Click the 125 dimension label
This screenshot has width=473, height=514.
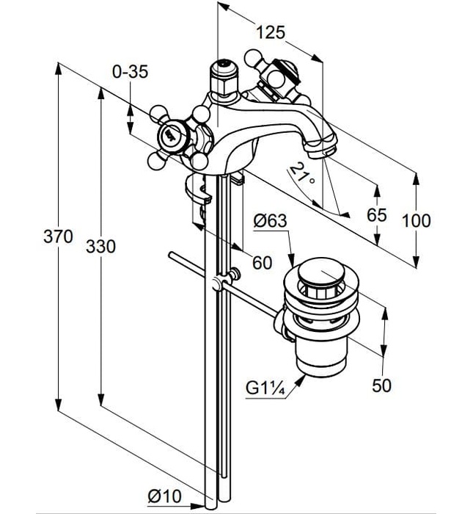tap(270, 32)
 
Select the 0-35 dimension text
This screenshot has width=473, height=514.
tap(130, 71)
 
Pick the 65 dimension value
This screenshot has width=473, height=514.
tap(376, 214)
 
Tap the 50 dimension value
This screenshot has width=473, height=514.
tap(381, 384)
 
